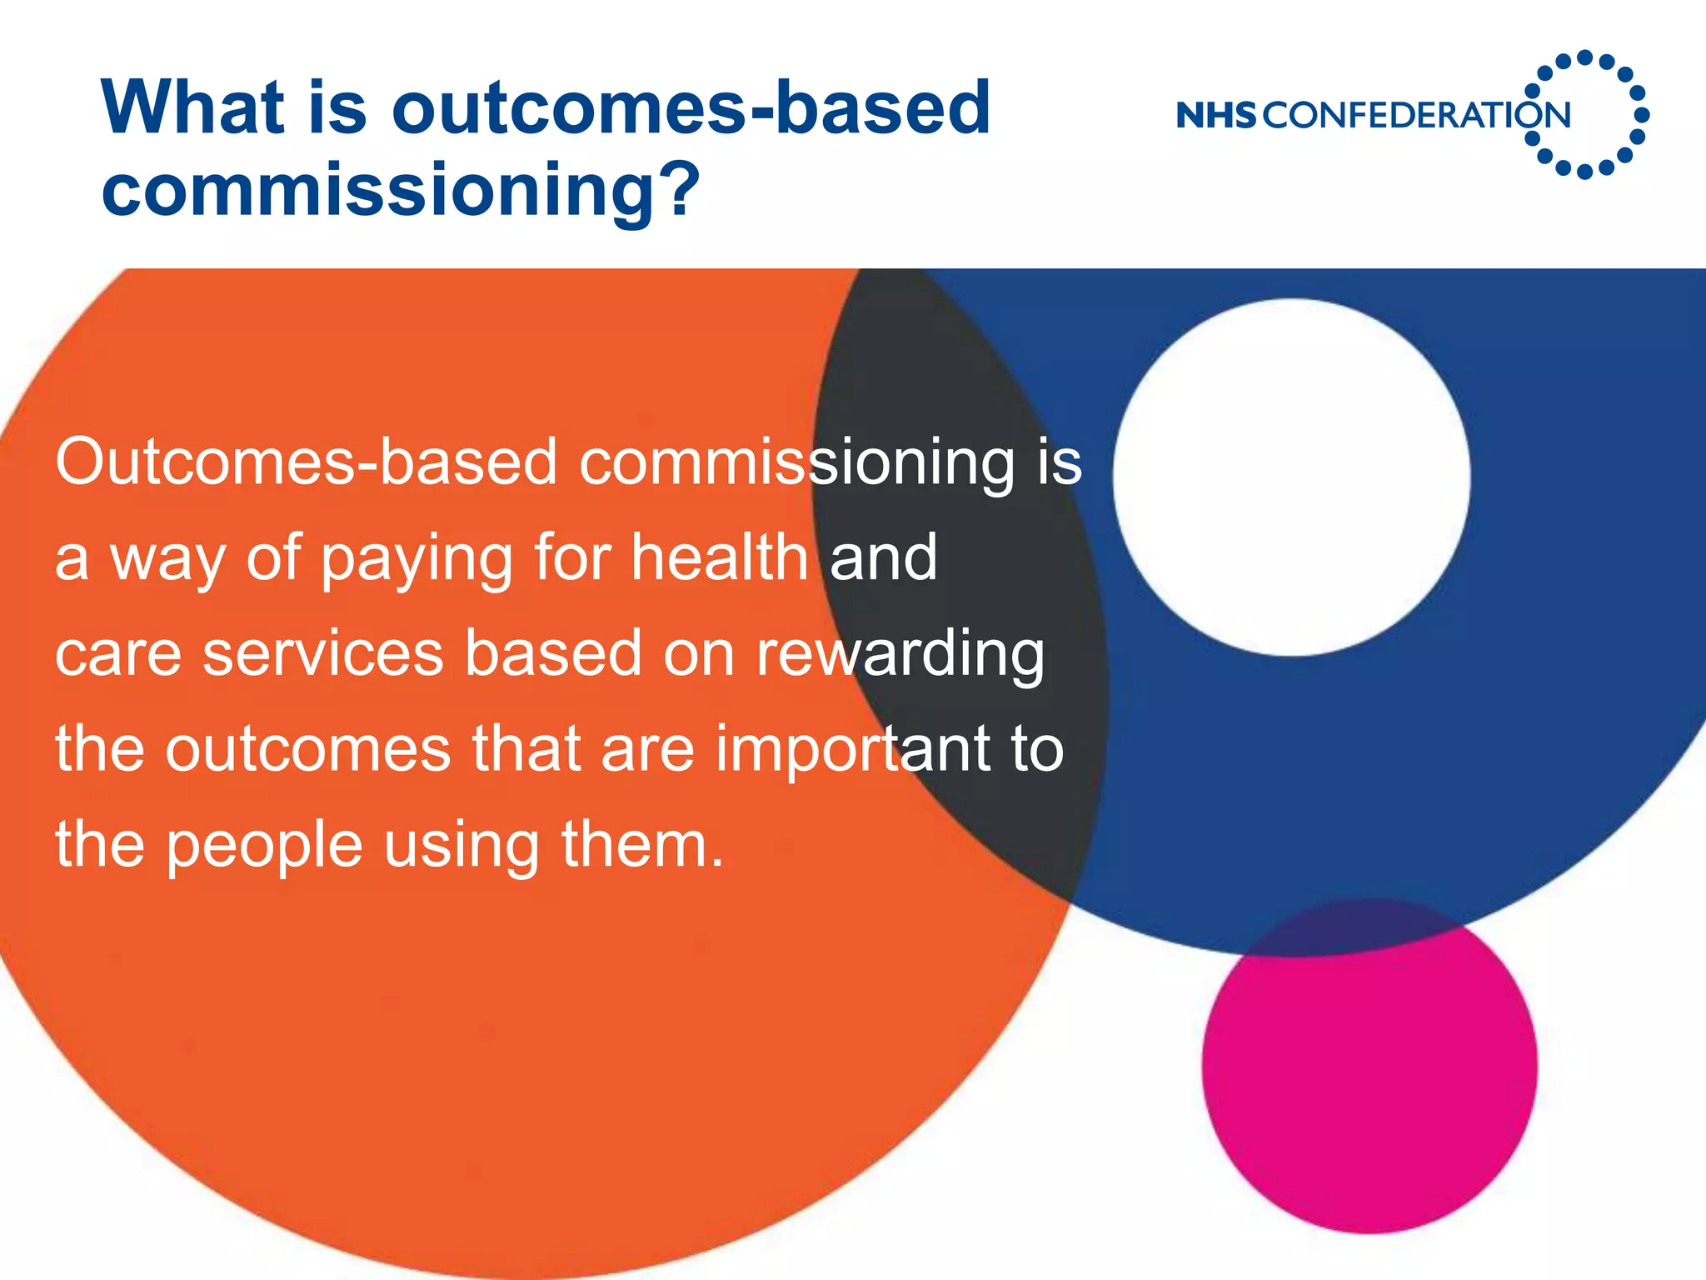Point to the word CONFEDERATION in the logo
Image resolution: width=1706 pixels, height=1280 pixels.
click(1416, 115)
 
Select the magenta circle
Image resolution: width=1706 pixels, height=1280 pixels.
click(1369, 1067)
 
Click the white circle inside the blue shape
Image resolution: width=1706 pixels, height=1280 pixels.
click(1291, 477)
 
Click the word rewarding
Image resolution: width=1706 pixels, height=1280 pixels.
click(900, 655)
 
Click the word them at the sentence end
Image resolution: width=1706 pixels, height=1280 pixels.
click(641, 845)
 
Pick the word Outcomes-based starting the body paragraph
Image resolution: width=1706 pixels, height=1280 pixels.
click(306, 462)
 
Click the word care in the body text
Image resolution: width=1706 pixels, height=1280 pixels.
click(117, 655)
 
